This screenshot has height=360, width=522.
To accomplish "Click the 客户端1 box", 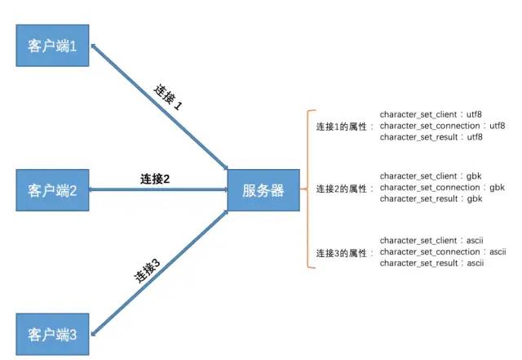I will click(52, 47).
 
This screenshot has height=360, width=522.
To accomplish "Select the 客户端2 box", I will click(52, 191).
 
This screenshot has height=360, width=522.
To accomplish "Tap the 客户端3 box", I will click(52, 334).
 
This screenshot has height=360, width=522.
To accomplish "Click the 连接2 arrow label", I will click(155, 179).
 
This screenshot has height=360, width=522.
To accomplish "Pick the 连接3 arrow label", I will click(146, 269).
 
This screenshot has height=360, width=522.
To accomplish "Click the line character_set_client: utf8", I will click(437, 114).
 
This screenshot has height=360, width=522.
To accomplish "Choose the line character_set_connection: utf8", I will click(443, 126).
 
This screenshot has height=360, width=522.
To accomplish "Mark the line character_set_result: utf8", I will click(431, 137).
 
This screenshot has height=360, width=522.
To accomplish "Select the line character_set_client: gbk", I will click(436, 176).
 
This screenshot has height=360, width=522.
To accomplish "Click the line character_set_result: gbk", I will click(431, 198).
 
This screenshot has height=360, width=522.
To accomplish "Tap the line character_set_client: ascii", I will click(437, 240).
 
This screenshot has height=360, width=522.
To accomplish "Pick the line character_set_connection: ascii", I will click(443, 251).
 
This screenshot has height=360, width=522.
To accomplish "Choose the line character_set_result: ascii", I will click(432, 263).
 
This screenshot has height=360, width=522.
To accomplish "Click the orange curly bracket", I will click(310, 189).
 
